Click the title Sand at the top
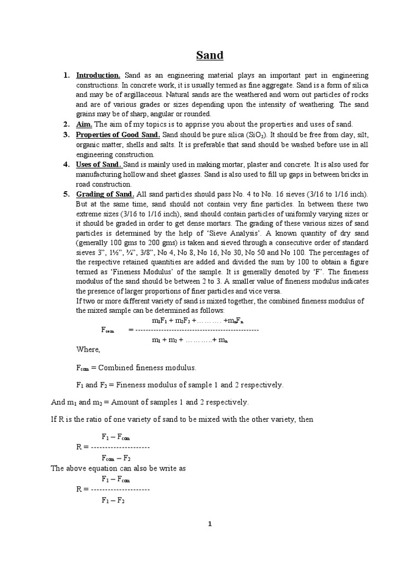pos(210,55)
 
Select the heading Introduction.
pos(98,75)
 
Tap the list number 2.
pos(66,124)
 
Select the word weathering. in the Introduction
pos(320,105)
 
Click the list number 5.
pos(66,194)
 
